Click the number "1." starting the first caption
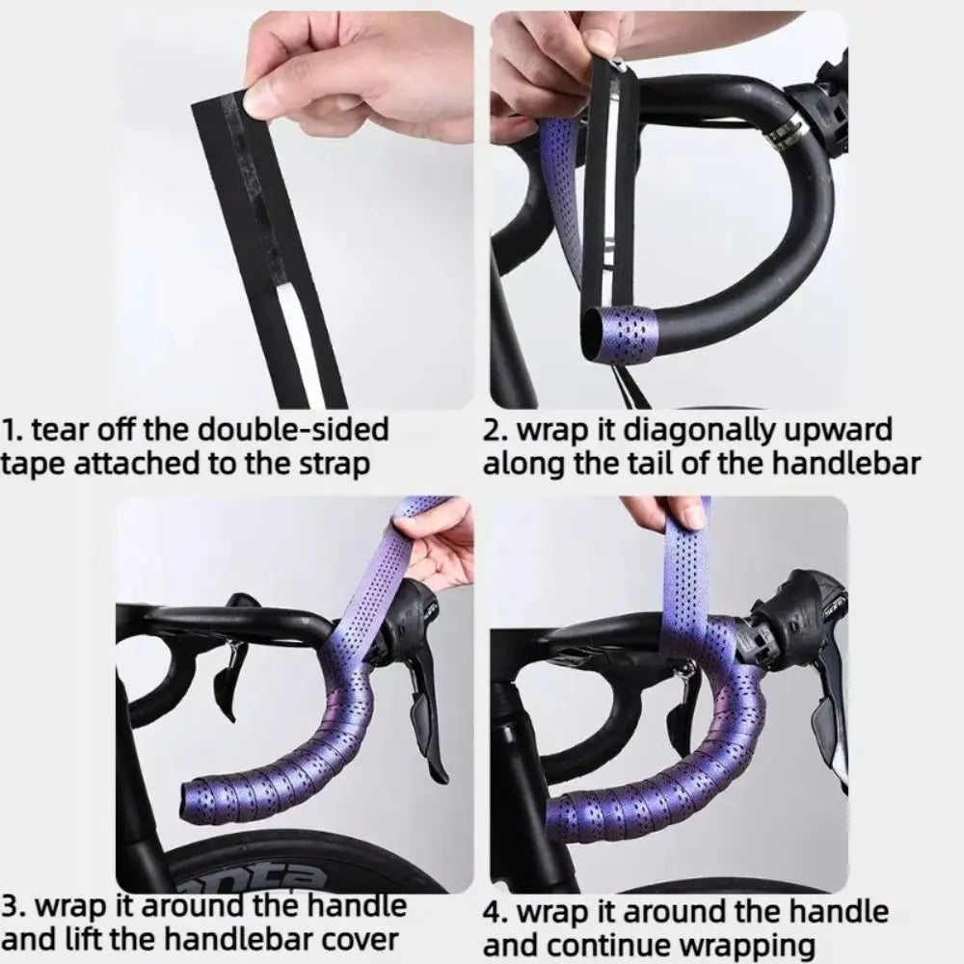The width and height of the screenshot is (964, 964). click(12, 430)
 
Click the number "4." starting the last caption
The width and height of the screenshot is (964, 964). click(495, 912)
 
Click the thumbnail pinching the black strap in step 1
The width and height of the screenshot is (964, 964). click(260, 99)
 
